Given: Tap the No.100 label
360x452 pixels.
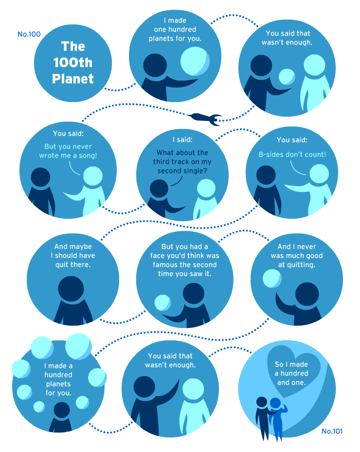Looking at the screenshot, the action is click(29, 34).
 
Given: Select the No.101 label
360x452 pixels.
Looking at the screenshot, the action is click(332, 431).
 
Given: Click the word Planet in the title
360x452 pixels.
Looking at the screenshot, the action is click(73, 79).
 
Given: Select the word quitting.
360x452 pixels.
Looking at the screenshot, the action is click(301, 265).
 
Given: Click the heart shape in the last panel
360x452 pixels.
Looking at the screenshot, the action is click(293, 370).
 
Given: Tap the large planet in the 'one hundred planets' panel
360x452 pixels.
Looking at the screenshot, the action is click(195, 61).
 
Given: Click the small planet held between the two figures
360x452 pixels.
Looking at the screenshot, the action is click(287, 77).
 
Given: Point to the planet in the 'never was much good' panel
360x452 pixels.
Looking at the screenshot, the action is click(272, 278).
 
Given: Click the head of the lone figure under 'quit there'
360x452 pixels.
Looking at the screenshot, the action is click(71, 289).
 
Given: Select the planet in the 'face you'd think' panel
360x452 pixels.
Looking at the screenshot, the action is click(162, 303).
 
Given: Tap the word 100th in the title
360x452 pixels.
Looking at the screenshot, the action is click(72, 63).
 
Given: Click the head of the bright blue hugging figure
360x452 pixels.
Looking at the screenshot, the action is click(275, 403).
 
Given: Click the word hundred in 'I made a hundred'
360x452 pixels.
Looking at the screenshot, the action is click(58, 375).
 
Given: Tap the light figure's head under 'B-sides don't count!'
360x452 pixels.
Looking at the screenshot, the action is click(319, 174).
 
